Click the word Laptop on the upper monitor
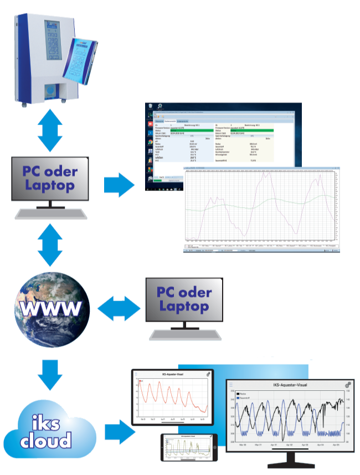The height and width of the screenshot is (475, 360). [x=50, y=185]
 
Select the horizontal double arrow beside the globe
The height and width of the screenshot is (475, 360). [x=120, y=308]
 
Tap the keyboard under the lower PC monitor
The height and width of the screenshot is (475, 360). [x=184, y=335]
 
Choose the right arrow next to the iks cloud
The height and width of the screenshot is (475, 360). [x=120, y=431]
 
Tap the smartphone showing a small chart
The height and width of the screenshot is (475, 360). [x=188, y=447]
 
